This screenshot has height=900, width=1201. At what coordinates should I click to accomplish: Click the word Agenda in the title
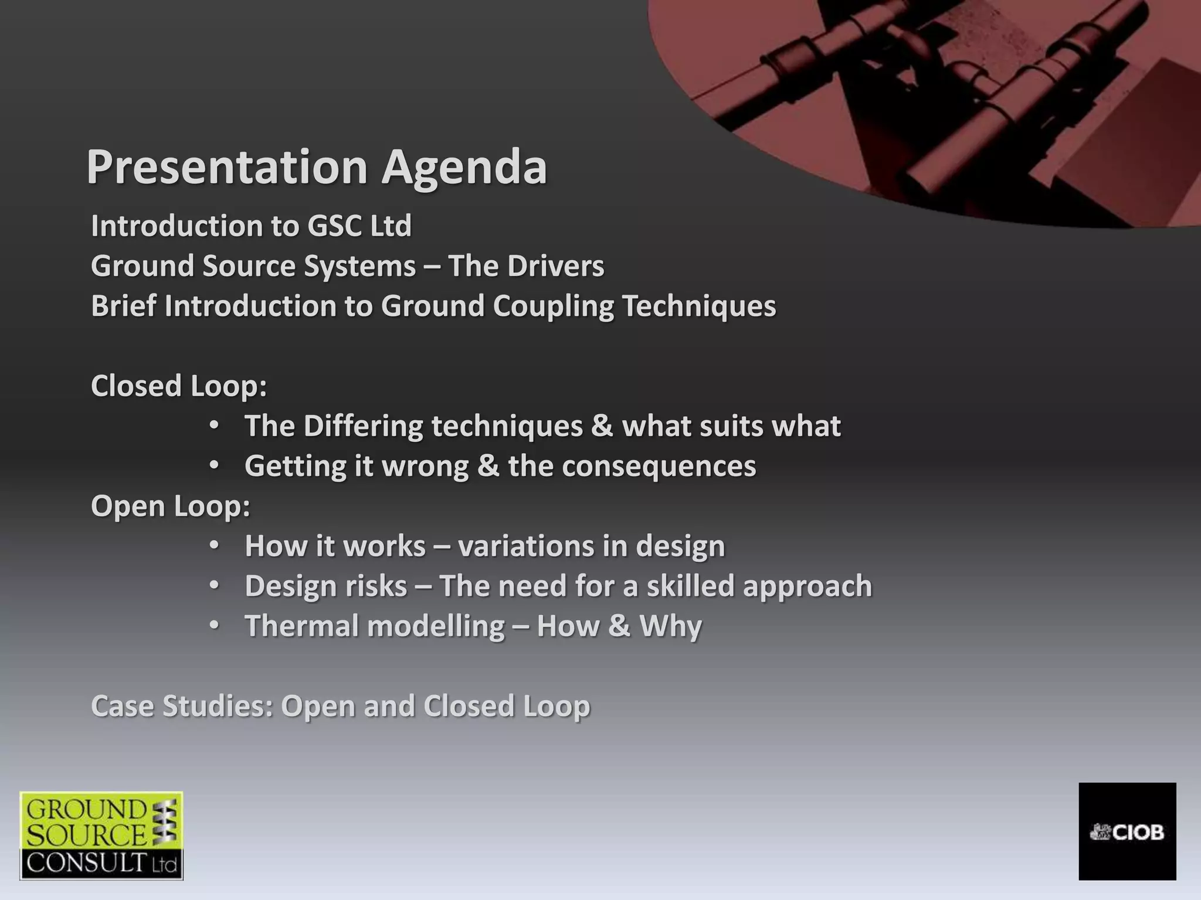coord(464,168)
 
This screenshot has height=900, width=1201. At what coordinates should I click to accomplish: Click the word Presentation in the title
coord(227,168)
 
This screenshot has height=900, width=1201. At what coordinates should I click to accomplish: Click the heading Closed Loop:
coord(179,386)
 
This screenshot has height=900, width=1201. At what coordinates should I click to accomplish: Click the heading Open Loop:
coord(171,506)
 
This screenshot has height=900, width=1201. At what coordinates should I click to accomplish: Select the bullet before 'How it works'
coord(215,545)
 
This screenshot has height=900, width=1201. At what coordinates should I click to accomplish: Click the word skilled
coord(690,586)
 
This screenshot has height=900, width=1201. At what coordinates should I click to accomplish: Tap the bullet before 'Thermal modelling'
coord(215,625)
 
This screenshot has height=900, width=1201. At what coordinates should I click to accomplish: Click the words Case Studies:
coord(182,706)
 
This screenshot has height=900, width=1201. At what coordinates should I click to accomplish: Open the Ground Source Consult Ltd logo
coord(101,836)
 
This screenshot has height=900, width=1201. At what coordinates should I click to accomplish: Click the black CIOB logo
coord(1127,831)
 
